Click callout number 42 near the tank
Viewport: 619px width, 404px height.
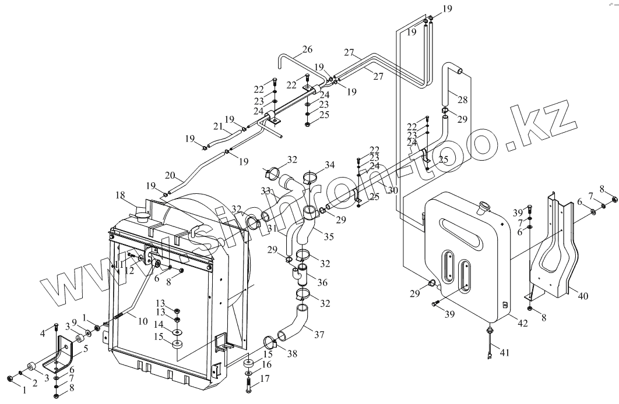point(523,324)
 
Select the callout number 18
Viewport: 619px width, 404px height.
point(120,196)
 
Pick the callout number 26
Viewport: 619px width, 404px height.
point(307,49)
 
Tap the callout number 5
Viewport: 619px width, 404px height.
point(86,349)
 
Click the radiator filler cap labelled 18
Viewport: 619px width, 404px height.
point(142,215)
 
